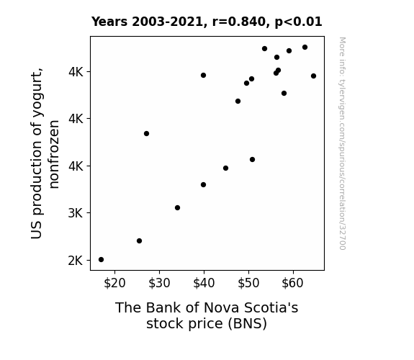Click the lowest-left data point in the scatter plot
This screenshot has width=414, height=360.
[101, 260]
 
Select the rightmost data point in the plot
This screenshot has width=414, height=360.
[314, 76]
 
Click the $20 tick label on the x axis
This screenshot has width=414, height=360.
[114, 284]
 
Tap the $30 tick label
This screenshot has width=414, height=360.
[159, 284]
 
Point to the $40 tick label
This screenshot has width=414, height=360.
[204, 284]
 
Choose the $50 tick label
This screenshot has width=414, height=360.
[248, 284]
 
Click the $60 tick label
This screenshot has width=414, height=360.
[292, 284]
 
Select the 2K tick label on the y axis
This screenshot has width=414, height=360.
[76, 261]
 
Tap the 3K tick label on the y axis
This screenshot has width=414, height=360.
[76, 213]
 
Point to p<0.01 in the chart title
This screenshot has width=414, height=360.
[298, 22]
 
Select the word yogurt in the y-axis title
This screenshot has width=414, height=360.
[37, 89]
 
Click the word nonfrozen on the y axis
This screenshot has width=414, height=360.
[54, 155]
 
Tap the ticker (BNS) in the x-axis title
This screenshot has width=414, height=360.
[248, 323]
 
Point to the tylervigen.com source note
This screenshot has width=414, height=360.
[342, 143]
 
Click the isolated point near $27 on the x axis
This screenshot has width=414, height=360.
[147, 134]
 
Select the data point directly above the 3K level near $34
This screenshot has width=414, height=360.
[177, 208]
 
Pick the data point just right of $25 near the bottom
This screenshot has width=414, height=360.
[140, 241]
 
